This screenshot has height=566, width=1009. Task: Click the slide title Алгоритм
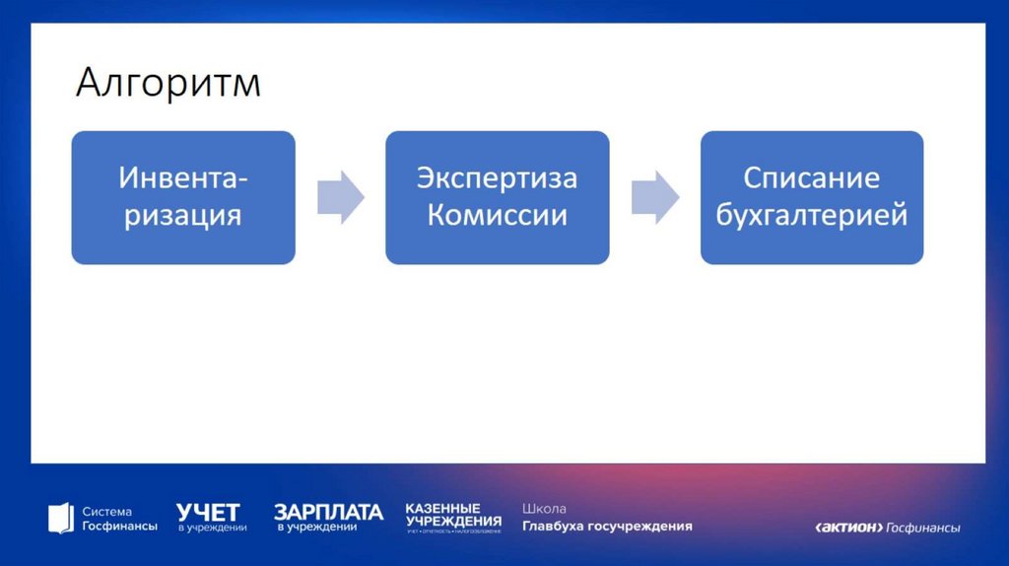168,83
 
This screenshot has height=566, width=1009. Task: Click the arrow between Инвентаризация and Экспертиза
340,197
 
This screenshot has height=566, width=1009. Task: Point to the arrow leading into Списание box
654,197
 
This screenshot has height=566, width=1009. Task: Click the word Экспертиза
497,178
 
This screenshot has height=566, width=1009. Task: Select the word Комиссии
497,215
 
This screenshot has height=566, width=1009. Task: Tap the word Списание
811,178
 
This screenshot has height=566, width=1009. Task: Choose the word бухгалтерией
811,215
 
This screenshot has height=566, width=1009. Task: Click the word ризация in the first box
183,215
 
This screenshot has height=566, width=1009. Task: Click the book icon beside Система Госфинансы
60,518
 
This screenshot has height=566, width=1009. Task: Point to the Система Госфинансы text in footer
119,519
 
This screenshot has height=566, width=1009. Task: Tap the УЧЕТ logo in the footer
210,518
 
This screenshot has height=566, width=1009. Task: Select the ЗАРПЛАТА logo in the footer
328,518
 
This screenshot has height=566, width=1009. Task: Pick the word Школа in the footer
544,509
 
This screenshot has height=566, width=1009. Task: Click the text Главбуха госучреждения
607,527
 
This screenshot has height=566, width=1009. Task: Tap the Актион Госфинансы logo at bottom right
888,528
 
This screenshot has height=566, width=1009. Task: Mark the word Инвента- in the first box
183,178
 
